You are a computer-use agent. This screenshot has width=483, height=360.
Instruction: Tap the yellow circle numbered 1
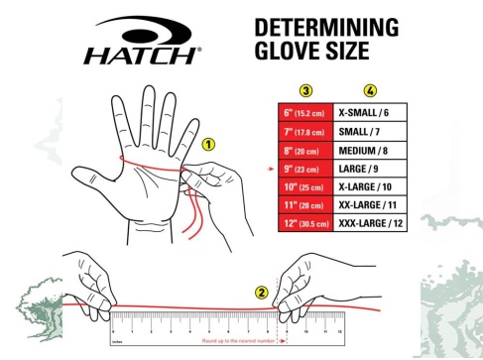coord(208,144)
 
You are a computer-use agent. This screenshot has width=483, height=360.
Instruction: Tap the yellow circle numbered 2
coord(262,293)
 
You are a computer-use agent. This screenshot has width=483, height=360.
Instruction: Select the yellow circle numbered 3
coord(305,90)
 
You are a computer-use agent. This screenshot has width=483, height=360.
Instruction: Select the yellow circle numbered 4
coord(370,90)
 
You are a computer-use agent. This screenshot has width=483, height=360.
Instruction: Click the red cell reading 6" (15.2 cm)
coord(305,113)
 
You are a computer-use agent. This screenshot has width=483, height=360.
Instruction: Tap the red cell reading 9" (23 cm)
coord(305,170)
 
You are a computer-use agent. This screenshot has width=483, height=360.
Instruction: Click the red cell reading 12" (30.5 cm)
coord(305,225)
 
